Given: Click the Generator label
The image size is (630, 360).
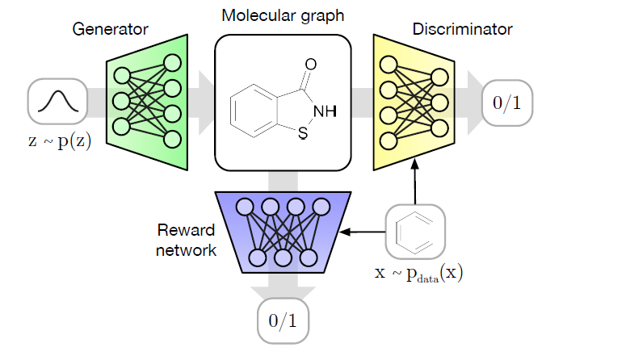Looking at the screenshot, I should point(111,30).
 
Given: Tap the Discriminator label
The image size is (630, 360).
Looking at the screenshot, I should point(462,30).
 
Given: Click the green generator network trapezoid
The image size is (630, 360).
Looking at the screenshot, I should point(148,101).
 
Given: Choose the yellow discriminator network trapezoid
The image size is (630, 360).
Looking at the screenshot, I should point(414,101).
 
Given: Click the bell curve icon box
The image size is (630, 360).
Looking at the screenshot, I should point(57,101).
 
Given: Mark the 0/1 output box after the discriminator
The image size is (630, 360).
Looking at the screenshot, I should point(508,103).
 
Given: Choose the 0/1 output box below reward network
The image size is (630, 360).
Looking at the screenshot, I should point(283,320).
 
